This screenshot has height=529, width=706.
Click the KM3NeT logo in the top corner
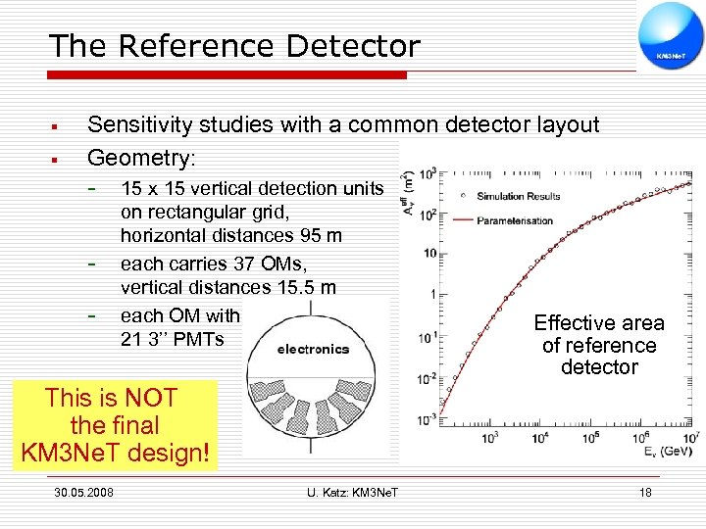point(671,36)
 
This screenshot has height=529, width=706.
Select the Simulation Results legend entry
point(515,197)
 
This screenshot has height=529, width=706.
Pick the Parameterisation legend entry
point(515,219)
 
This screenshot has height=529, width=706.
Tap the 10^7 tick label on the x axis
point(691,437)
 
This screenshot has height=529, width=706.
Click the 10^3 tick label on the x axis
point(489,438)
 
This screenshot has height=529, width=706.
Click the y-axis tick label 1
point(432,294)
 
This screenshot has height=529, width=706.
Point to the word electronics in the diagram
point(313,348)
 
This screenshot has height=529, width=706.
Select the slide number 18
point(644,492)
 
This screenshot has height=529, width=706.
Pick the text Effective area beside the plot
point(599,323)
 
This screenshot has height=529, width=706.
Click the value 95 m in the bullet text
point(317,235)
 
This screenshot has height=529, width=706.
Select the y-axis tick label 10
point(429,254)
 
